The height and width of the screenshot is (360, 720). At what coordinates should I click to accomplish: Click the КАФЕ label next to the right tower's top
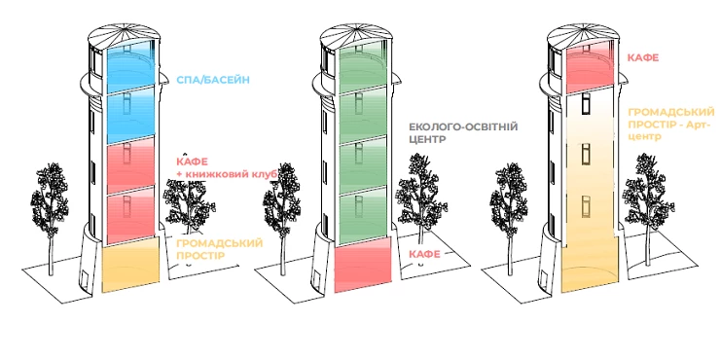643,58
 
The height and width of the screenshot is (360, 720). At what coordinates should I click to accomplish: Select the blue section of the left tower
130,92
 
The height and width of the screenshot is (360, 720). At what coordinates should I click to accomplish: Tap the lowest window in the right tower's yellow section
588,204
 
